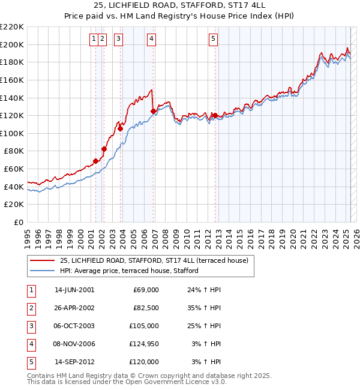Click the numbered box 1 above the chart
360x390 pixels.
[x=94, y=40]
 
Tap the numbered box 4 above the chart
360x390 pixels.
[x=152, y=40]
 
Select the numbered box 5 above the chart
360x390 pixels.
[x=214, y=40]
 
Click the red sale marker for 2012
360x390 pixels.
[x=214, y=115]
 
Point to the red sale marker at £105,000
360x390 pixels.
[x=120, y=128]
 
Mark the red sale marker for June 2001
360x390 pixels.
[x=95, y=161]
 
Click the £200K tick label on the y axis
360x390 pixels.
[x=12, y=44]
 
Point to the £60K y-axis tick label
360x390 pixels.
[x=14, y=169]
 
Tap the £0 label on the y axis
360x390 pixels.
[x=18, y=222]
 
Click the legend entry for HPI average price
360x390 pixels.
[x=128, y=271]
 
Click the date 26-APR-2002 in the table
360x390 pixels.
[x=74, y=308]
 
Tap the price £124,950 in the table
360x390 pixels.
[x=142, y=344]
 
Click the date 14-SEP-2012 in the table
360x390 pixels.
[x=74, y=362]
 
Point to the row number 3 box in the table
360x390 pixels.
[x=31, y=326]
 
